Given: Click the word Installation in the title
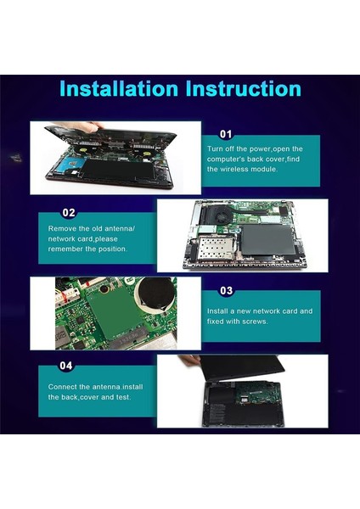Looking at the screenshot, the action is [x=119, y=88].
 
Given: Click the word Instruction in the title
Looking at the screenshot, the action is [x=244, y=88].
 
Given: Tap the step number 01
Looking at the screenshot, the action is [x=226, y=134].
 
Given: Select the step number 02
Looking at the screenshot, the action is [x=69, y=213].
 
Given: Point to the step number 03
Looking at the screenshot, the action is [x=227, y=290].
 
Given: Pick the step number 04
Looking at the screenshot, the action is [x=66, y=366].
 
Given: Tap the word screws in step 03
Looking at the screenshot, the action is [x=256, y=322].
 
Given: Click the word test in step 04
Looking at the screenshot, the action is [x=123, y=397].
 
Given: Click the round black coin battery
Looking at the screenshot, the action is [x=155, y=294].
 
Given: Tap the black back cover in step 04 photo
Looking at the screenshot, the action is [x=242, y=368].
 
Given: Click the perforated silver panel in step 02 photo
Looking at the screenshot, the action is [x=215, y=248].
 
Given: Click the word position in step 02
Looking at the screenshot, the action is [x=112, y=249].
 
